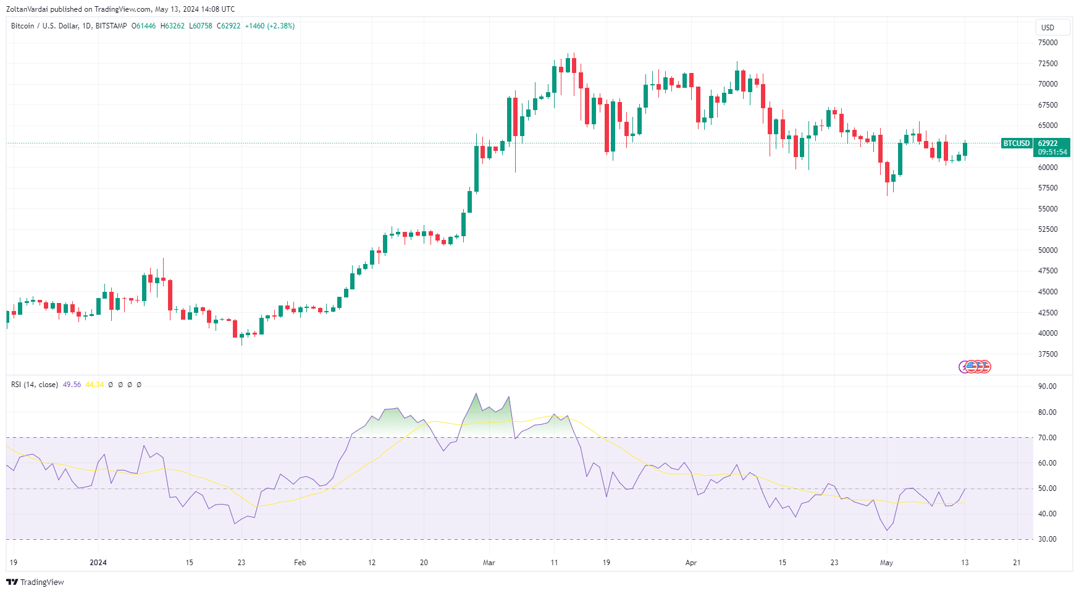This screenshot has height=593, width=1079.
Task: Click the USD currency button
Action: point(1048,27)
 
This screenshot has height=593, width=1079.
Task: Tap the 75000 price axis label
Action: point(1048,43)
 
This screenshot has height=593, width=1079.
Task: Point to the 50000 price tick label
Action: point(1048,250)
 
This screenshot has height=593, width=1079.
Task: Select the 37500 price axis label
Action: point(1048,354)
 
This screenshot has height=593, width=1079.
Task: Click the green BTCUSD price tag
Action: point(1016,143)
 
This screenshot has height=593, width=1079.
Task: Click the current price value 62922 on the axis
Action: point(1048,143)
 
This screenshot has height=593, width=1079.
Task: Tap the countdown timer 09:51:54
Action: point(1052,152)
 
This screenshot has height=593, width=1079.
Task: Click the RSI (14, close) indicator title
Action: point(35,385)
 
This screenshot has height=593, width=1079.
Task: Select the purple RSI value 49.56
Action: point(72,385)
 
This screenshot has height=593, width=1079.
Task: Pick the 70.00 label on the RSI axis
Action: point(1047,438)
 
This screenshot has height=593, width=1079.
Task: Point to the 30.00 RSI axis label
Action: point(1047,539)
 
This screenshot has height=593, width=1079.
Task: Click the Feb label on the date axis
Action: point(300,563)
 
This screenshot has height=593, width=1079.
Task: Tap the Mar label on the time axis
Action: point(489,563)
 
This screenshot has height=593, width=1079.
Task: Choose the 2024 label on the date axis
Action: point(98,563)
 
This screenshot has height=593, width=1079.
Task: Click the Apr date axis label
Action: point(691,563)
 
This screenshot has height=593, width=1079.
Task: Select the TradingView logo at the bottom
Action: point(35,582)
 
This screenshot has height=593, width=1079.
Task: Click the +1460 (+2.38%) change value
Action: point(270,26)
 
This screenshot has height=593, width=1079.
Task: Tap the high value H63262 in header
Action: point(172,26)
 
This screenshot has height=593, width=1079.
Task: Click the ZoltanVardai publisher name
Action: point(27,9)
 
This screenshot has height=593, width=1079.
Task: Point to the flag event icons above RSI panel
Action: point(975,367)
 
